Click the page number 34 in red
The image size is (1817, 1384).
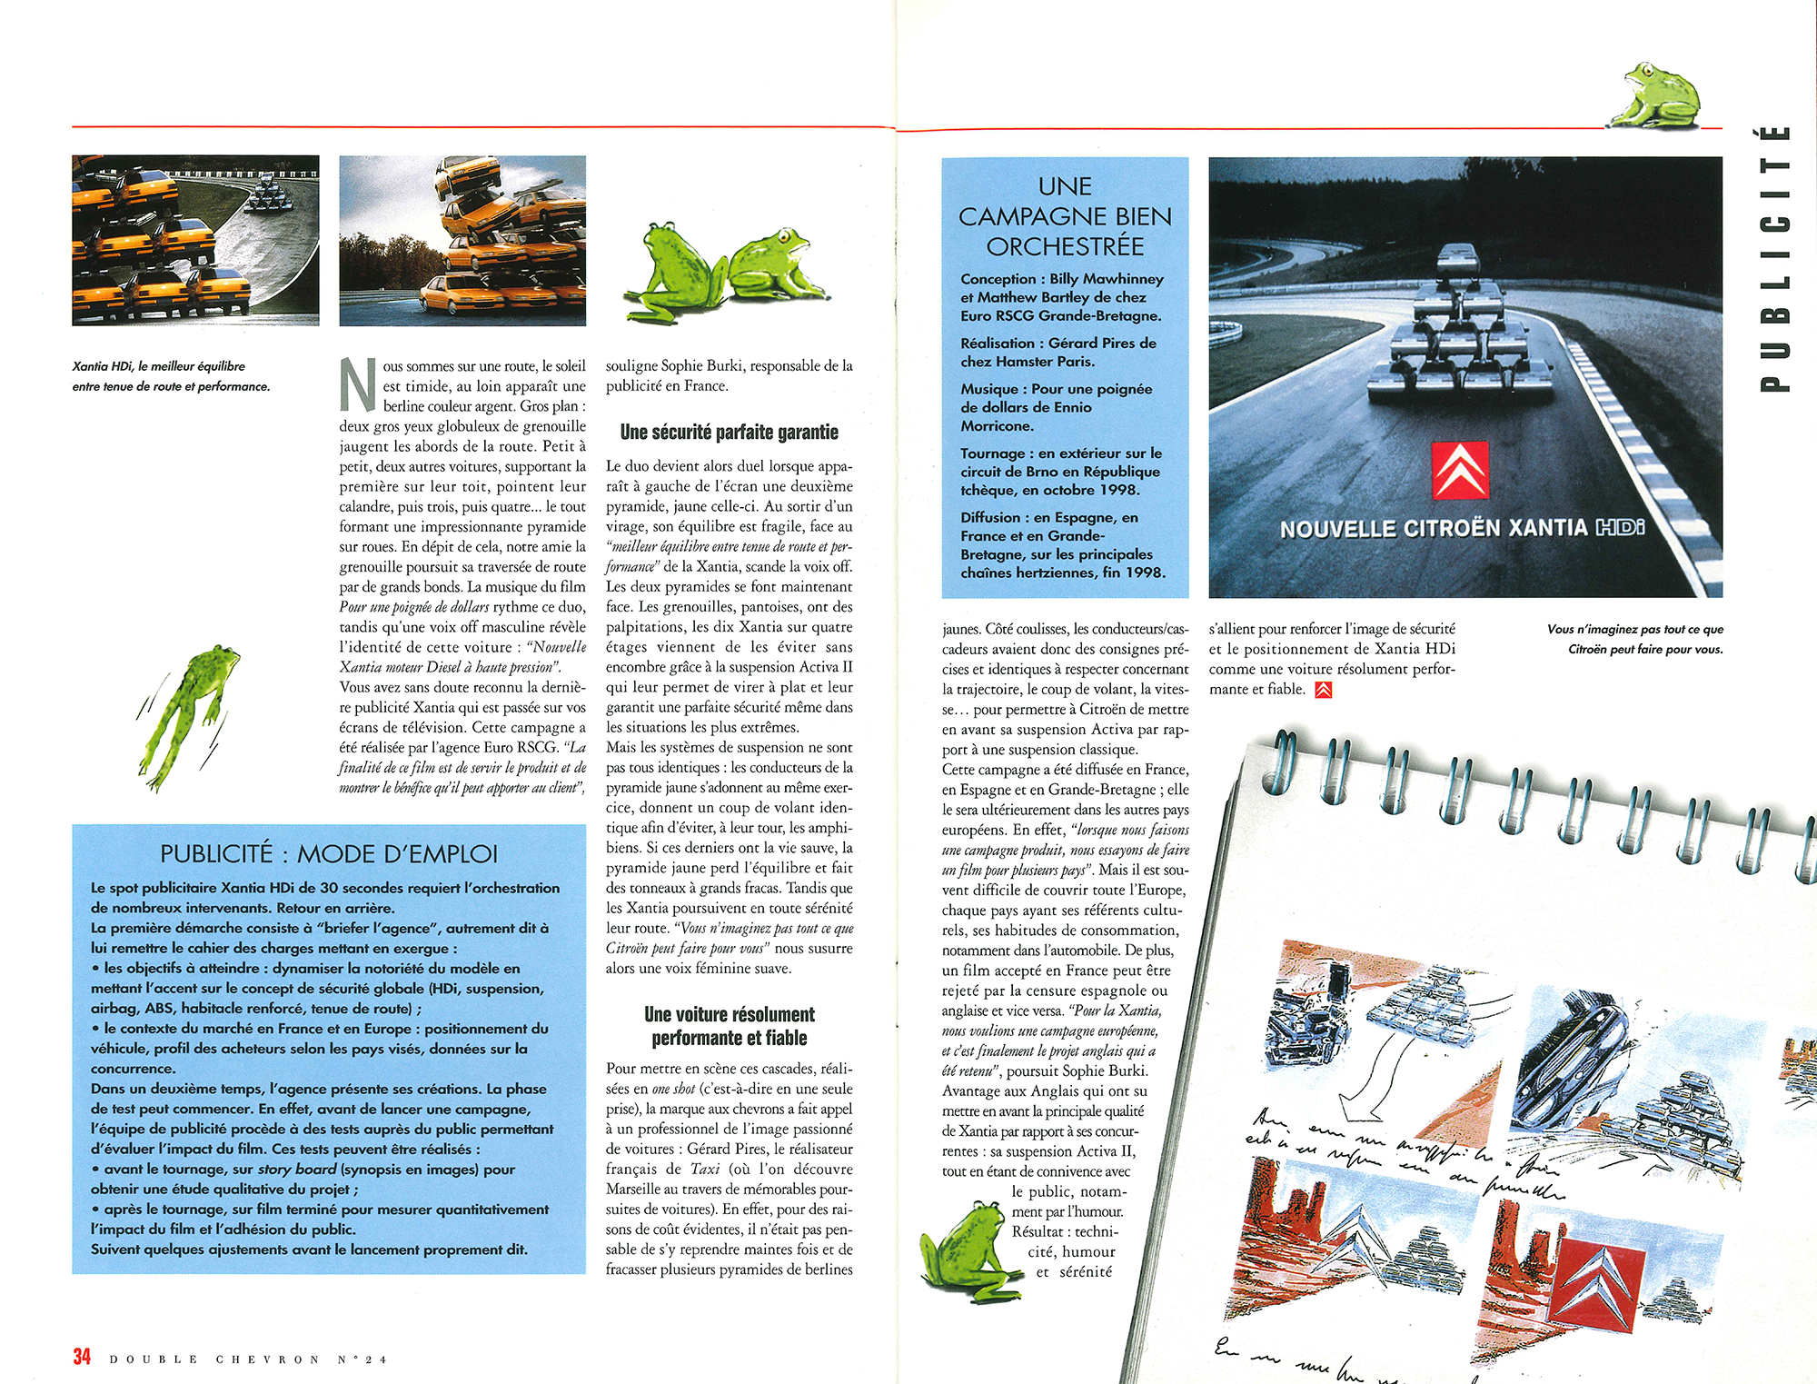[x=82, y=1357]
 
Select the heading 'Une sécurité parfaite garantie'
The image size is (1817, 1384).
[x=729, y=433]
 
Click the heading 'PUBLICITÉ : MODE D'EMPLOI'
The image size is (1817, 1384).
[x=329, y=854]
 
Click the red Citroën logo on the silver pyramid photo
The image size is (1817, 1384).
[x=1460, y=470]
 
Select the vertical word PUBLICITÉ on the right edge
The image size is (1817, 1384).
[x=1774, y=258]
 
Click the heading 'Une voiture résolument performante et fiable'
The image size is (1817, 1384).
[x=729, y=1026]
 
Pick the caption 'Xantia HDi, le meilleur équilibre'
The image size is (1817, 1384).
[x=159, y=366]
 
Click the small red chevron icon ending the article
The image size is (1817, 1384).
[x=1324, y=690]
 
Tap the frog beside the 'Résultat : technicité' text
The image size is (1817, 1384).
[x=965, y=1253]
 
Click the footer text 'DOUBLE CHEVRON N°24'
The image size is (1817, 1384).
[x=248, y=1359]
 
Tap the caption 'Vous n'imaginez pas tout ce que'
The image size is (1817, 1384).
[x=1634, y=629]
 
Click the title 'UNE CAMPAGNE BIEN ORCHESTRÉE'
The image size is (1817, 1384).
[x=1065, y=216]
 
